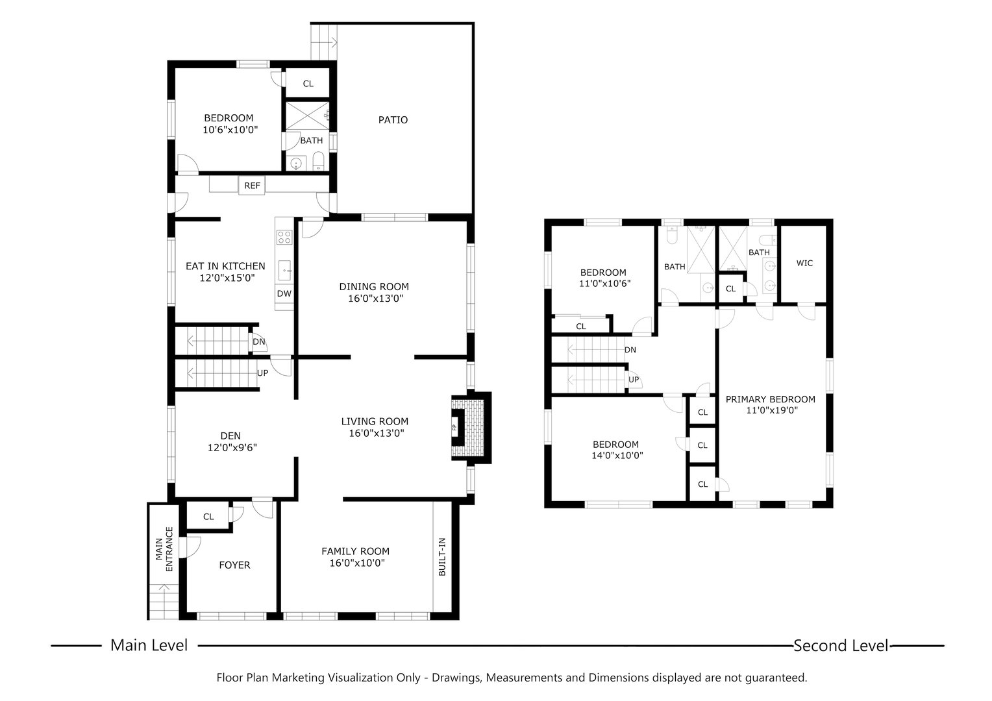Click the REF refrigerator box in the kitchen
pyautogui.click(x=252, y=186)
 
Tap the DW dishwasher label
pyautogui.click(x=284, y=293)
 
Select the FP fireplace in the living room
pyautogui.click(x=455, y=428)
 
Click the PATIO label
pyautogui.click(x=393, y=120)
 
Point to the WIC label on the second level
pyautogui.click(x=804, y=263)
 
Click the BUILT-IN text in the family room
pyautogui.click(x=441, y=557)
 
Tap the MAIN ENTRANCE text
pyautogui.click(x=164, y=553)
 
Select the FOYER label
pyautogui.click(x=234, y=565)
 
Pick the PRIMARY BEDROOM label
pyautogui.click(x=770, y=399)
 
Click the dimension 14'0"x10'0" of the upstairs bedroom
pyautogui.click(x=615, y=456)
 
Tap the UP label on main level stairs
pyautogui.click(x=262, y=373)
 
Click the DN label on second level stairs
pyautogui.click(x=630, y=350)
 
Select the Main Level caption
pyautogui.click(x=149, y=645)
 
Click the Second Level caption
pyautogui.click(x=840, y=645)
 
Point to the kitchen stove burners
pyautogui.click(x=284, y=237)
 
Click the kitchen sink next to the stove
pyautogui.click(x=284, y=269)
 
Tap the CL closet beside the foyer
pyautogui.click(x=208, y=517)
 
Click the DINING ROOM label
pyautogui.click(x=374, y=286)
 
